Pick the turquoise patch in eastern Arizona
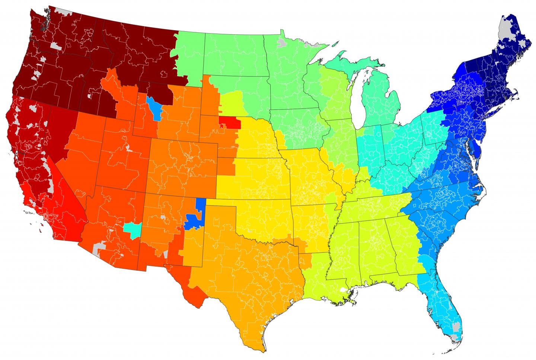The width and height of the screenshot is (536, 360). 132,229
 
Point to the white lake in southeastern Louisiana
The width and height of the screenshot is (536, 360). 343,290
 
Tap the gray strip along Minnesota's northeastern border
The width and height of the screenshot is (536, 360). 313,45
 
